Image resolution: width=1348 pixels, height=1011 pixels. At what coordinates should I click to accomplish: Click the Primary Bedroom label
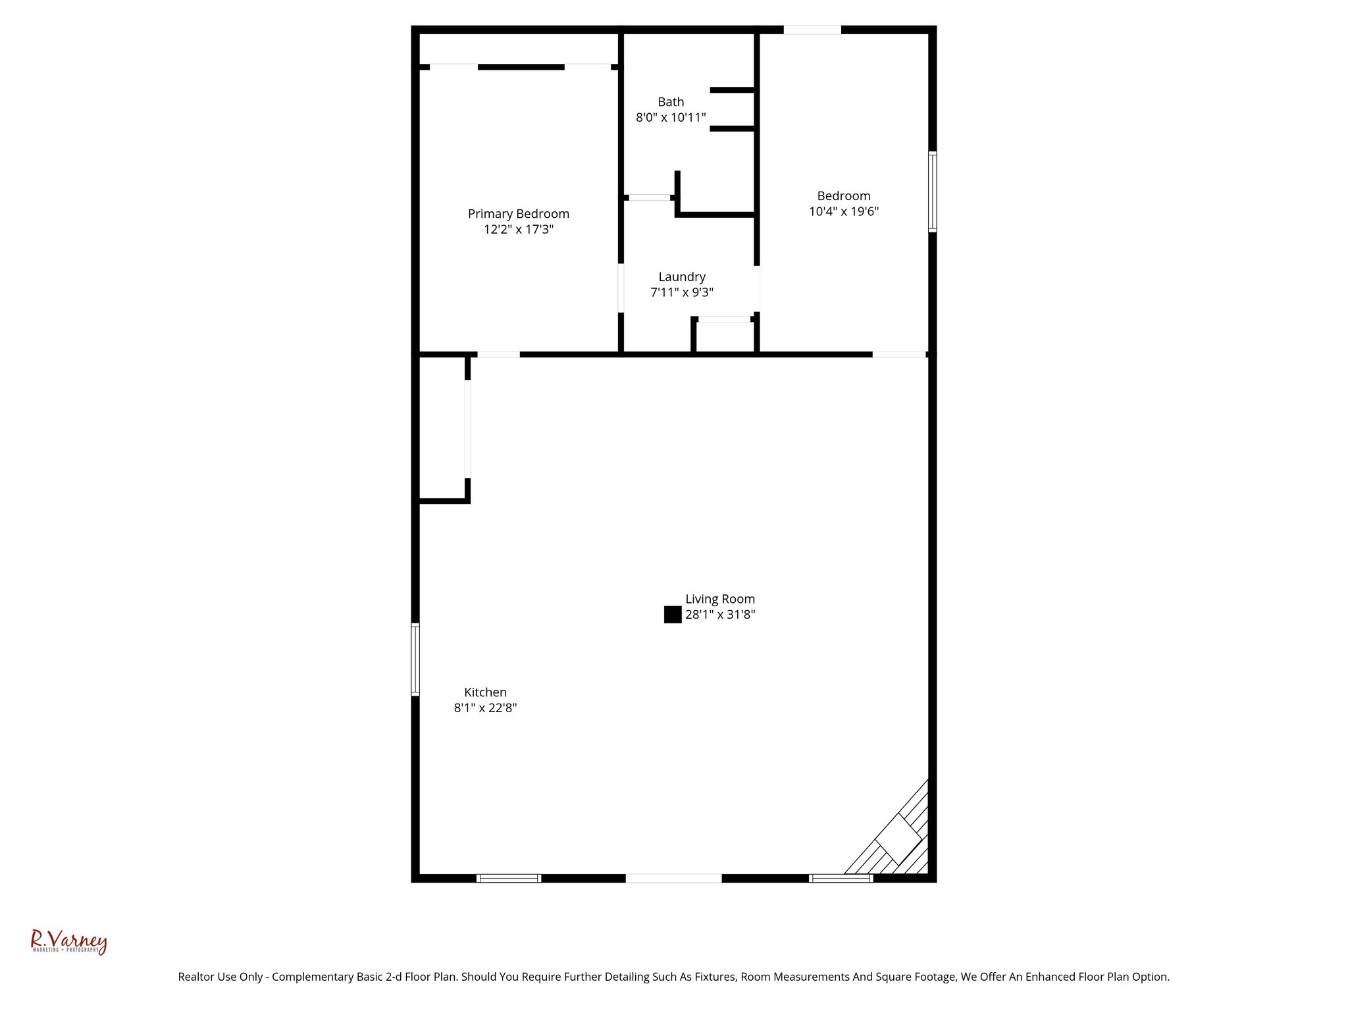(518, 214)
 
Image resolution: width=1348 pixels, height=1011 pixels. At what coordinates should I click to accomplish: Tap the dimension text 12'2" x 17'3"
(518, 230)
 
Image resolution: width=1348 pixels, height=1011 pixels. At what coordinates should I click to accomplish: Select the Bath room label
(671, 102)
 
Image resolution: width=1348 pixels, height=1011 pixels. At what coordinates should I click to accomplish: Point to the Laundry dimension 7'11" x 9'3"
(681, 293)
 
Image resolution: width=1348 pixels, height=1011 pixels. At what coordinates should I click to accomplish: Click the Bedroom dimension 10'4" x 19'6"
(843, 212)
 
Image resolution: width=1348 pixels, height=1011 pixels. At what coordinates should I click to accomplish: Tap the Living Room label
(720, 599)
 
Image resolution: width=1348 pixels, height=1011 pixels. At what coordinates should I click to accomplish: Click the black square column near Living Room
(672, 615)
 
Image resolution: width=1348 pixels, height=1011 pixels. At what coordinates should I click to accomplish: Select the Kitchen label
(485, 692)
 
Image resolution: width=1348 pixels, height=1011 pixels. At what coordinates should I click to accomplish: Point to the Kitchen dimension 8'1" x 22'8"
(485, 708)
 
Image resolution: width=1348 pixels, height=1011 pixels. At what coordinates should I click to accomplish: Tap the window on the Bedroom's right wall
(932, 192)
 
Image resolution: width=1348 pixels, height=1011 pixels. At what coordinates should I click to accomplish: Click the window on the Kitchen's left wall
(415, 659)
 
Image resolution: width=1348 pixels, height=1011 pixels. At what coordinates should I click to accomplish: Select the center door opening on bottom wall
(673, 878)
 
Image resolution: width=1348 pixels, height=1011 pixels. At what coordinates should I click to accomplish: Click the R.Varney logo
(68, 942)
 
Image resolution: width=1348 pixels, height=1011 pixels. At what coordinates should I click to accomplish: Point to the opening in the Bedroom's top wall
(812, 30)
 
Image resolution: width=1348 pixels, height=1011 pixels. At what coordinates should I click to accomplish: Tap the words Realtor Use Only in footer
(219, 977)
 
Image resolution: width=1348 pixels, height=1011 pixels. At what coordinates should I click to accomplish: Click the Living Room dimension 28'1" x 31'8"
(720, 615)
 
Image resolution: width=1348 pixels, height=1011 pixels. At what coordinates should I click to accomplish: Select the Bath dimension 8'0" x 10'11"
(671, 118)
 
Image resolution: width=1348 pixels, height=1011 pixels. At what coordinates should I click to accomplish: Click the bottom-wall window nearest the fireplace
(841, 878)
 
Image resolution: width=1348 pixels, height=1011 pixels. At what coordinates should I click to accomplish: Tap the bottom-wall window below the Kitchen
(508, 878)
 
